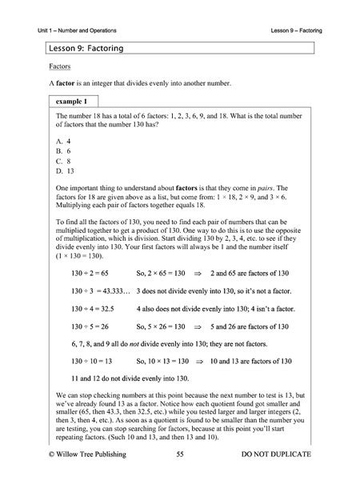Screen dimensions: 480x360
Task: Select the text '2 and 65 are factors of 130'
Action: click(252, 295)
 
